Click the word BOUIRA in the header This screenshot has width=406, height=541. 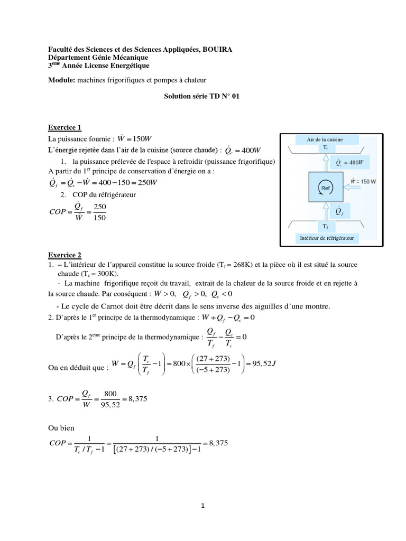(x=216, y=49)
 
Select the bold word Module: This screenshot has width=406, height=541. (x=61, y=80)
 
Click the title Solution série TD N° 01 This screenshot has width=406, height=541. (x=202, y=97)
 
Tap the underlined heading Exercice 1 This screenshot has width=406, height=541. (x=65, y=127)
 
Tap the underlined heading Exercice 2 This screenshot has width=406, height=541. (x=65, y=255)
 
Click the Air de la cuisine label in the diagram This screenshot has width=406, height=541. (x=325, y=139)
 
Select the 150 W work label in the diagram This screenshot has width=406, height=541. (x=363, y=181)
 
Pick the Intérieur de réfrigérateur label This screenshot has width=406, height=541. (x=326, y=239)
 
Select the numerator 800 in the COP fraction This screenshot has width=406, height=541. (x=109, y=394)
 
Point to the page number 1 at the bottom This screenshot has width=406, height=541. (x=203, y=506)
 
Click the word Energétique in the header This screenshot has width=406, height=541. (x=127, y=66)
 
